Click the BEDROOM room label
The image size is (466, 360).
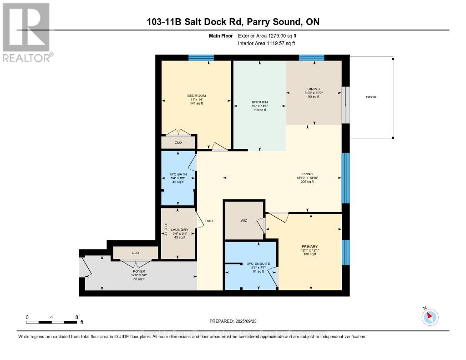(197, 96)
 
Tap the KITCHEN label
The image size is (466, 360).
(260, 102)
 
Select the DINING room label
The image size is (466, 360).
(314, 89)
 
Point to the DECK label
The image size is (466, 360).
(371, 97)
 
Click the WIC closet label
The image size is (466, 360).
(243, 220)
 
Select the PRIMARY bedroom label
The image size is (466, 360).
(309, 246)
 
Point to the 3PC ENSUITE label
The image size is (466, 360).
(255, 264)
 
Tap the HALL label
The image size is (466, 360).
(209, 221)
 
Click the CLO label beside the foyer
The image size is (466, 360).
(135, 253)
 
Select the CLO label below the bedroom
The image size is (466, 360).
(178, 142)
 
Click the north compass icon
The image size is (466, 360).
(430, 317)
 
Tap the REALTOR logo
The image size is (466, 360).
(27, 32)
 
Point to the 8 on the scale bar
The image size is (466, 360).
(76, 317)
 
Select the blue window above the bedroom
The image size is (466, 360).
(201, 57)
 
